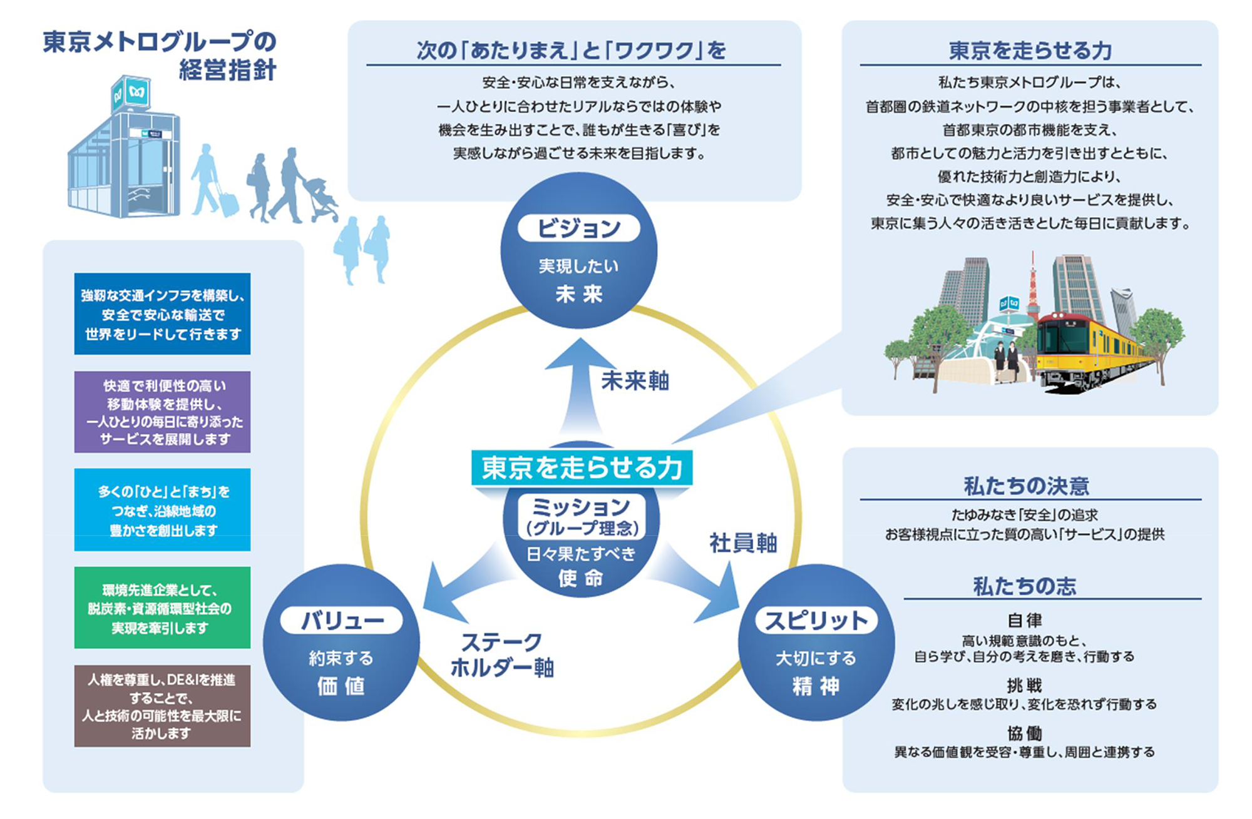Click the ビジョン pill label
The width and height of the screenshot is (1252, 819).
[578, 228]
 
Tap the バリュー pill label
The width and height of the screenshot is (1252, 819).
[341, 621]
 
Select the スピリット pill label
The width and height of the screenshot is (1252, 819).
[816, 621]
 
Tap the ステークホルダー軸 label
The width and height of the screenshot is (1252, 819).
[502, 655]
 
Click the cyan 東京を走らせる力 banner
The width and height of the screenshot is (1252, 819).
[582, 468]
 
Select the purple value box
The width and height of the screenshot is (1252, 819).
[162, 412]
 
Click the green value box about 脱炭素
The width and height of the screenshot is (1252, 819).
[162, 608]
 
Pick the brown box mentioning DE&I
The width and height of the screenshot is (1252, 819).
[162, 706]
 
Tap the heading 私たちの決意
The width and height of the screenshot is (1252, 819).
[1027, 486]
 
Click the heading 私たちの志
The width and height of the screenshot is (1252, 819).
[1025, 586]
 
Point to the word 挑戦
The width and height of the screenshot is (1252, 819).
[1025, 686]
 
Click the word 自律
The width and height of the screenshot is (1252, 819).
[1025, 621]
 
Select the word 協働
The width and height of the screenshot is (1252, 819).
[1025, 733]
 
